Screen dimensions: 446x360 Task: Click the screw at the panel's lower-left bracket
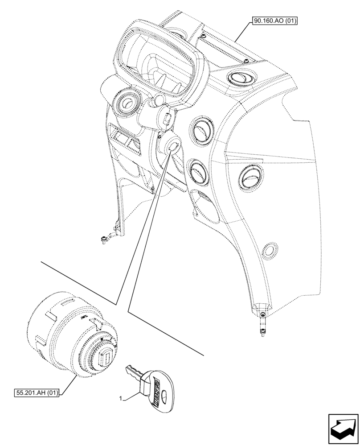pos(103,240)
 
